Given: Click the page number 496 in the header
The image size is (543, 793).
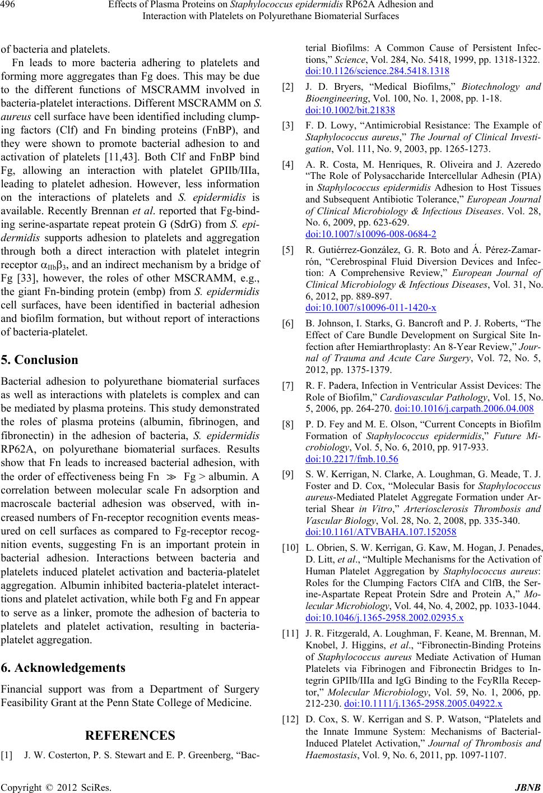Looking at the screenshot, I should point(8,6).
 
